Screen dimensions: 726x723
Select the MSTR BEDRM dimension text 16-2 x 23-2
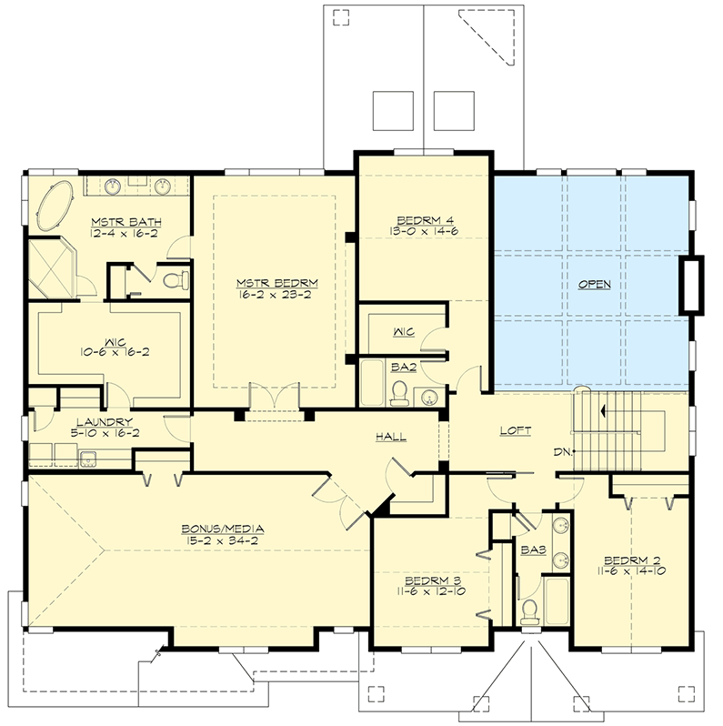pyautogui.click(x=273, y=296)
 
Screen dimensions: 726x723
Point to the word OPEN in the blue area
pyautogui.click(x=595, y=284)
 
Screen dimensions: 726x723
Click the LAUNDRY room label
pyautogui.click(x=102, y=421)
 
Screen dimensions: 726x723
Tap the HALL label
pyautogui.click(x=392, y=437)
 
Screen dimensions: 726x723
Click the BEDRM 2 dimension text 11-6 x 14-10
pyautogui.click(x=623, y=573)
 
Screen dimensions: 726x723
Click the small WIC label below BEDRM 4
pyautogui.click(x=403, y=331)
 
